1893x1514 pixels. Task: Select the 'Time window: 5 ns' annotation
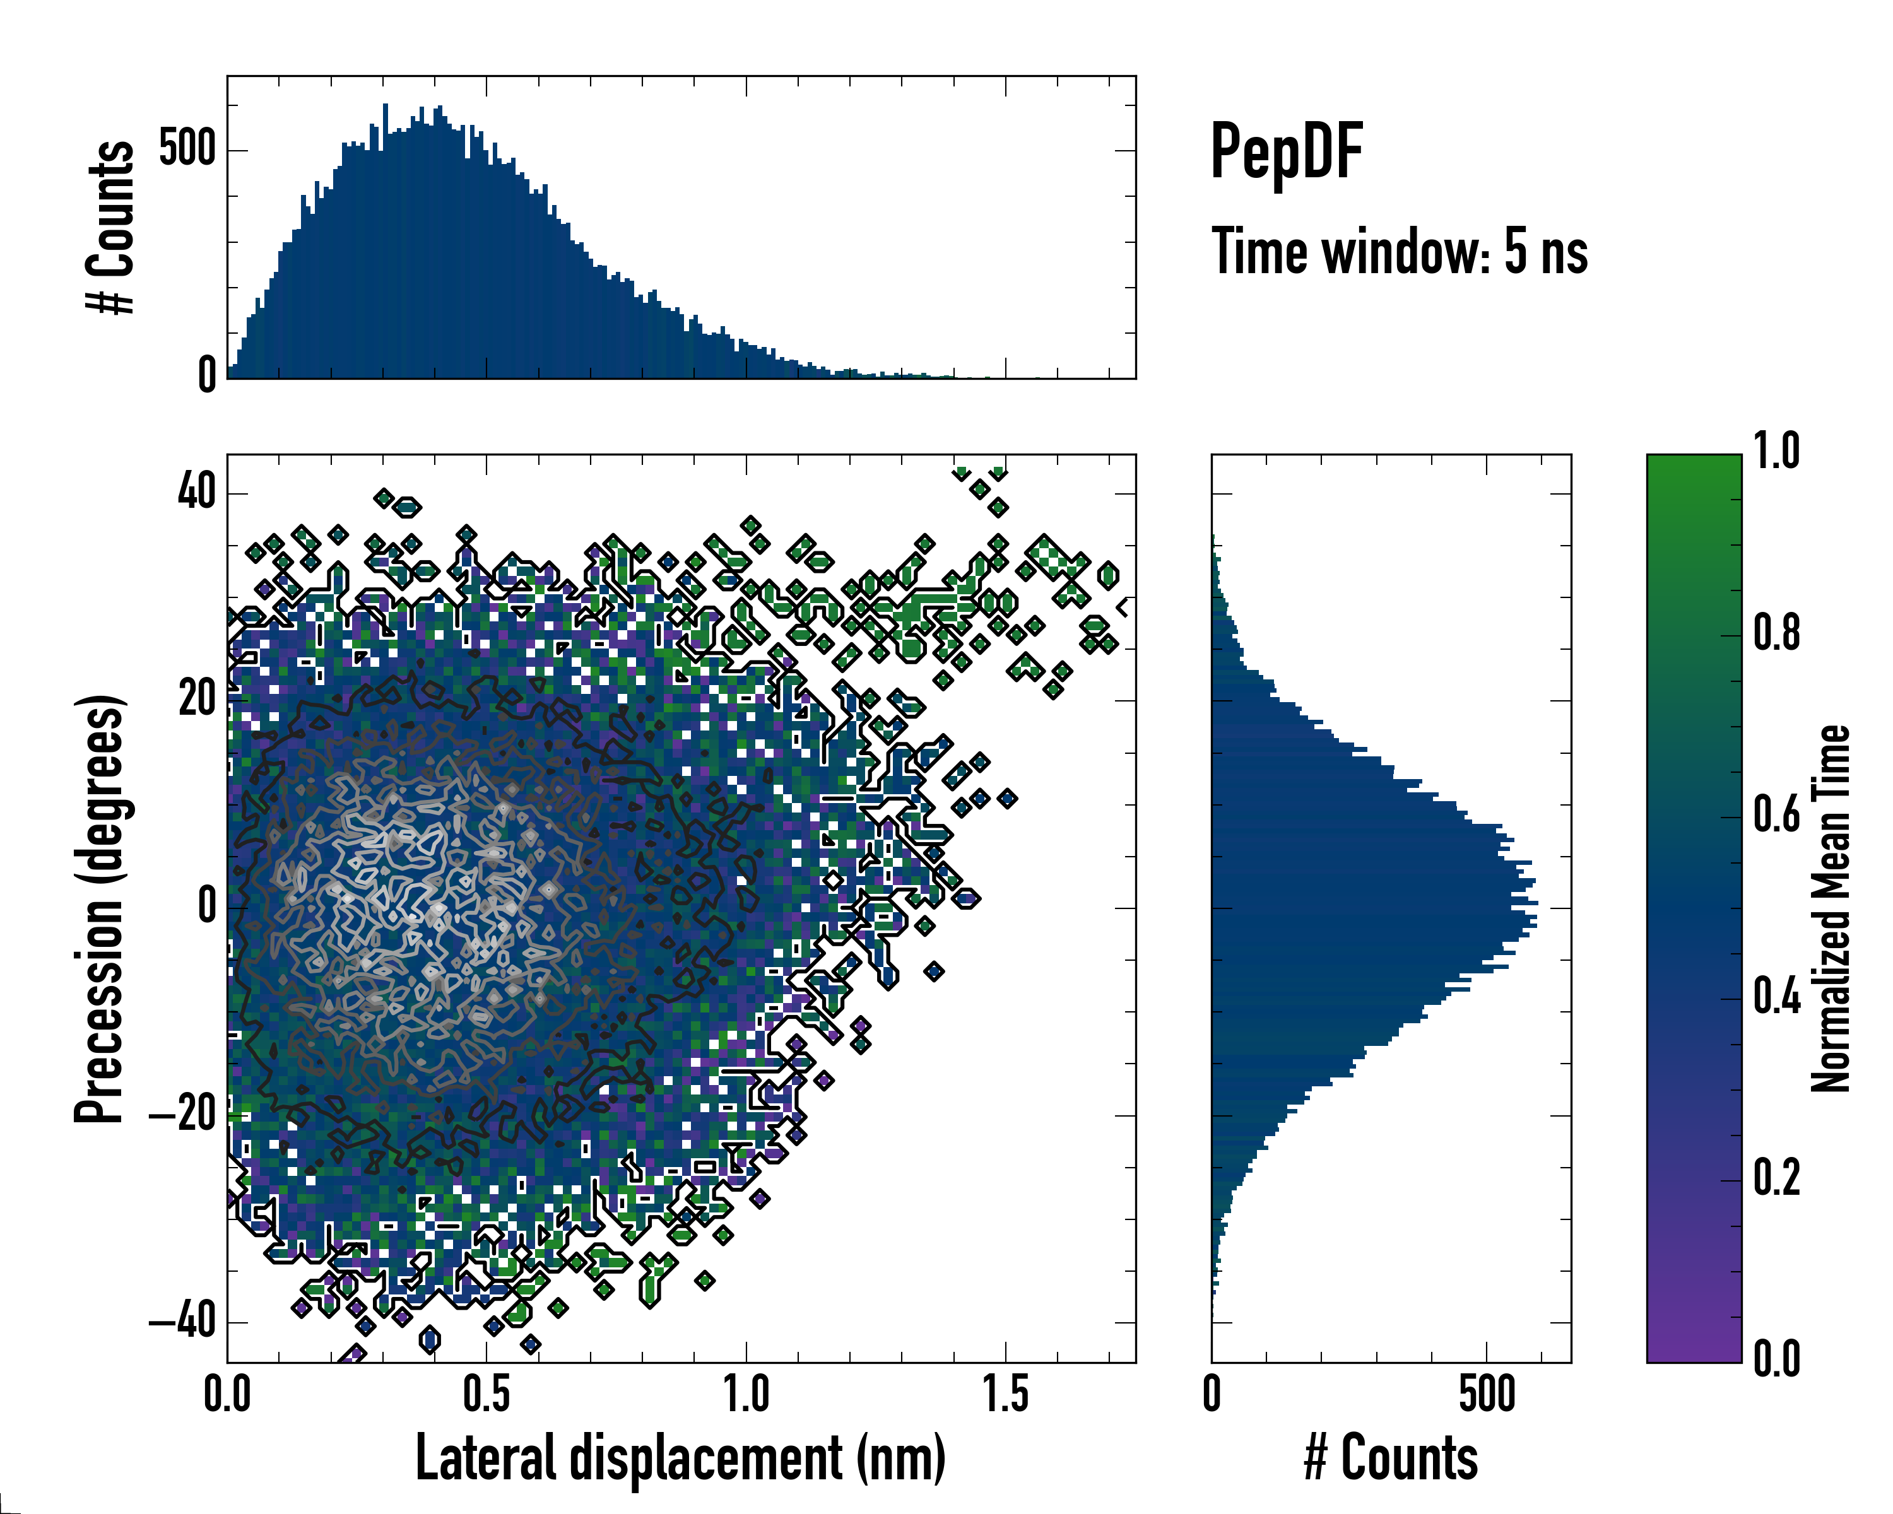click(1400, 252)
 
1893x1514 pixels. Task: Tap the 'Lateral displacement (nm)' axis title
click(680, 1458)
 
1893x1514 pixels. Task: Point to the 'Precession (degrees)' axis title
click(99, 909)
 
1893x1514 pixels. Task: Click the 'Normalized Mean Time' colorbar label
click(1830, 908)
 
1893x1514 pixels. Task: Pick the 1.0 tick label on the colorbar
click(1776, 451)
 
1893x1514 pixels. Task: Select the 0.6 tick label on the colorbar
click(1776, 814)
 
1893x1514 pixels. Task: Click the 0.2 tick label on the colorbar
click(1776, 1178)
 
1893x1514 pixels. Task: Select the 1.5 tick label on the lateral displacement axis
click(1005, 1395)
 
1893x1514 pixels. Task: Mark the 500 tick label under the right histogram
click(1487, 1395)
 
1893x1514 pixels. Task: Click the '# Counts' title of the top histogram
click(110, 226)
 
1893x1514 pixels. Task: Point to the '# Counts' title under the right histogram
click(1391, 1458)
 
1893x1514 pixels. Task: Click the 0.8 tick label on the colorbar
click(1776, 633)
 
